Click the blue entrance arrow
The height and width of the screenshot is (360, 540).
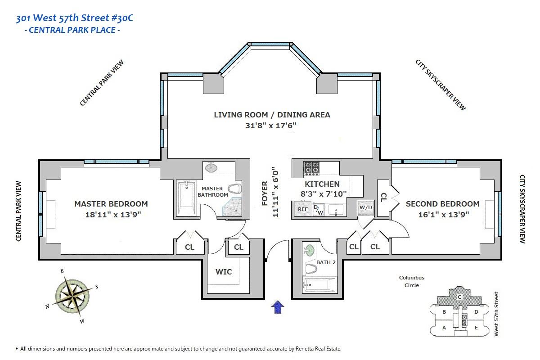pos(278,307)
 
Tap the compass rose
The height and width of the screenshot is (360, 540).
pos(72,296)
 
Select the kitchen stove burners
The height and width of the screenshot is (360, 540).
pos(312,168)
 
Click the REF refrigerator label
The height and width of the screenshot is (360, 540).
pos(303,209)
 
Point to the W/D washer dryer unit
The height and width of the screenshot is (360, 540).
pos(366,208)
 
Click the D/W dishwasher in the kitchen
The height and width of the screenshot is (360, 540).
pos(319,210)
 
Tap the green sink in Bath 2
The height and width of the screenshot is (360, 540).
pos(309,251)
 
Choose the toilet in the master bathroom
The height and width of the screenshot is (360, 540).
pos(235,189)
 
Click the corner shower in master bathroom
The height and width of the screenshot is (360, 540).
pos(232,207)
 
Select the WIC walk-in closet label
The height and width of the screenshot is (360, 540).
pos(224,272)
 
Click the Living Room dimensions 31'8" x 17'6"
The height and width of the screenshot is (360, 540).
pos(271,126)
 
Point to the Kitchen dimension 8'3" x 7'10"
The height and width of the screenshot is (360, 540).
pos(324,194)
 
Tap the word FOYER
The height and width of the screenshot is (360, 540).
pos(265,193)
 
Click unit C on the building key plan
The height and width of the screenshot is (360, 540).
pos(459,297)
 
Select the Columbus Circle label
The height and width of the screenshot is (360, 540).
pos(412,281)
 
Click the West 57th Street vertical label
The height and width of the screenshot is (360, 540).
pos(496,314)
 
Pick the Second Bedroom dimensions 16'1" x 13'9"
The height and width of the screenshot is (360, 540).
pos(444,214)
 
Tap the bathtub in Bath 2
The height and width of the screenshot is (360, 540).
pos(319,285)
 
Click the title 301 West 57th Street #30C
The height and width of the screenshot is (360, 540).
pos(74,18)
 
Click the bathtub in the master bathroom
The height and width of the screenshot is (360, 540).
pos(187,198)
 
